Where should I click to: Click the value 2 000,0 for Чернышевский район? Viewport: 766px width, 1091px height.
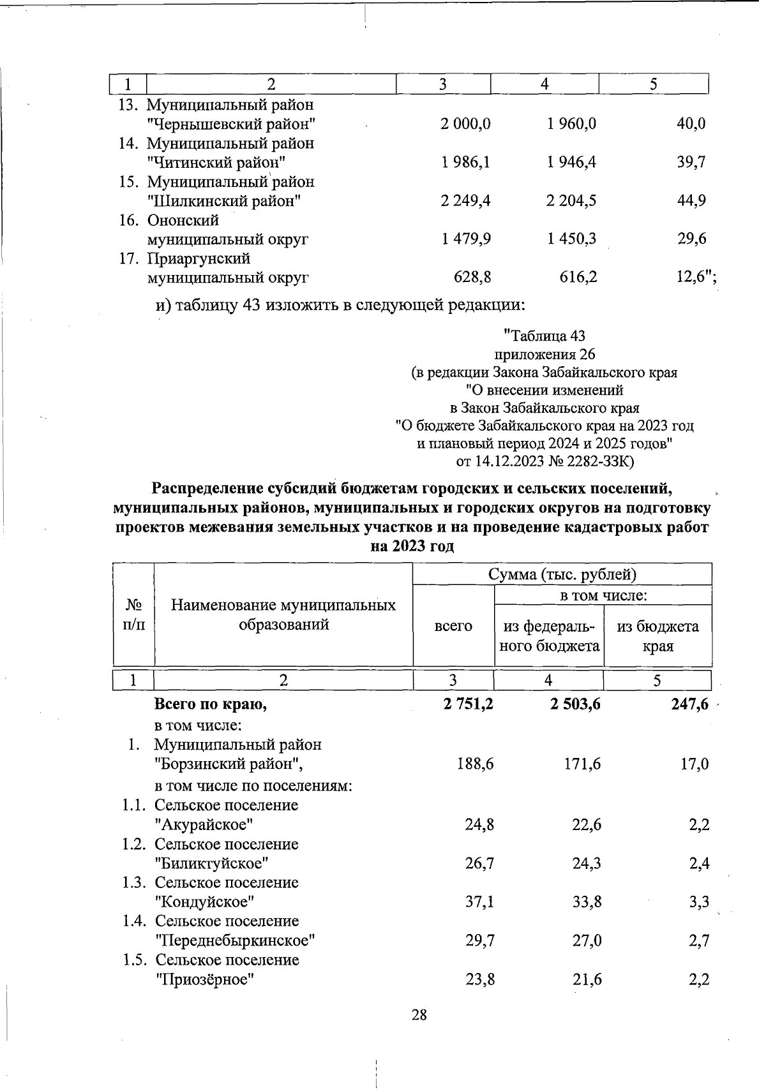click(x=465, y=124)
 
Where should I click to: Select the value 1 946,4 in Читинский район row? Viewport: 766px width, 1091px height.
click(x=571, y=162)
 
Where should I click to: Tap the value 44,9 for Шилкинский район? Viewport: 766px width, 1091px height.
click(x=691, y=200)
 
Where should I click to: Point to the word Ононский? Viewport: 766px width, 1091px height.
click(x=183, y=220)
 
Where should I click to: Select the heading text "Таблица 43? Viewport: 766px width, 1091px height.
click(x=544, y=336)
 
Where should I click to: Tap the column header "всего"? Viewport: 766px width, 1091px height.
click(x=453, y=626)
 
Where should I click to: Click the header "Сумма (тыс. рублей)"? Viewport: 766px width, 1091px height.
click(x=562, y=574)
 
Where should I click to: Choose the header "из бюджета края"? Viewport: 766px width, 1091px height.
click(x=657, y=635)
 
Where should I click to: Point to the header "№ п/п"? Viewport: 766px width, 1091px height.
click(x=133, y=614)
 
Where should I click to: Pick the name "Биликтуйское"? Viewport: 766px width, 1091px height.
click(x=212, y=863)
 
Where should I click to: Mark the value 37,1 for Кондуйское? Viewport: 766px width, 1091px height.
click(x=479, y=902)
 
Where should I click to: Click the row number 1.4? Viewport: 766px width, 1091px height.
click(x=135, y=921)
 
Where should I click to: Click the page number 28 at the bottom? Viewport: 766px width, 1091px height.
click(x=419, y=1015)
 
